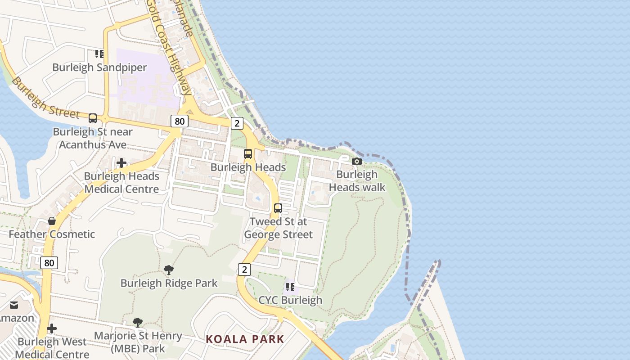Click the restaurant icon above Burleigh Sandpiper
point(99,54)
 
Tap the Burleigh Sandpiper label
point(99,67)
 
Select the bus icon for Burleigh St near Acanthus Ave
point(93,118)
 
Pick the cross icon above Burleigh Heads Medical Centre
point(121,163)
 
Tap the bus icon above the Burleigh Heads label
point(248,154)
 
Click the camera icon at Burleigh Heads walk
point(357,161)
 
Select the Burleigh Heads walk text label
point(357,180)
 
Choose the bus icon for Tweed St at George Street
point(278,208)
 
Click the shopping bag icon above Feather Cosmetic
point(52,221)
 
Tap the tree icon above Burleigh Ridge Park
point(169,270)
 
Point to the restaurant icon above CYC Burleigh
point(290,287)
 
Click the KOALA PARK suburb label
point(245,339)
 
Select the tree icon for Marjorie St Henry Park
point(138,322)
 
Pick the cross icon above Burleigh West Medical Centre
point(52,328)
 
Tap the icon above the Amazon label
point(14,305)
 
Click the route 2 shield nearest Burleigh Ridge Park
point(244,270)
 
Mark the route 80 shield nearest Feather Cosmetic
point(49,262)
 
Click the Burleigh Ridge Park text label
point(169,283)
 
